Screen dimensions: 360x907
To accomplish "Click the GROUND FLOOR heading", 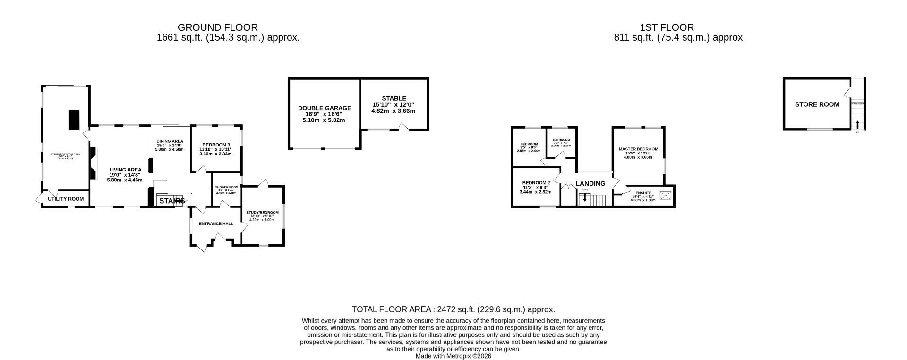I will [217, 27].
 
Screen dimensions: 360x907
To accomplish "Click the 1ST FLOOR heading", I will [667, 27].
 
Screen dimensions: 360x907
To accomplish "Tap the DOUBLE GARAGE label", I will [324, 108].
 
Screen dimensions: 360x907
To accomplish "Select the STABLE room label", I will [394, 98].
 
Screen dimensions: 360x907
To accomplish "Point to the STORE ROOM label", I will [817, 104].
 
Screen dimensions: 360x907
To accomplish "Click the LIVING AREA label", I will [125, 170].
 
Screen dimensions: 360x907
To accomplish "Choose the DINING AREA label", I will [170, 141].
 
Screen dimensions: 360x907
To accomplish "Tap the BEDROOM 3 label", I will [216, 145].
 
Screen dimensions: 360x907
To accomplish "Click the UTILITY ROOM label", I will [66, 199].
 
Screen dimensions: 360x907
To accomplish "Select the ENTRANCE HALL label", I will [216, 223].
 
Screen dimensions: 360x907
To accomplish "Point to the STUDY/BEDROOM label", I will [262, 213].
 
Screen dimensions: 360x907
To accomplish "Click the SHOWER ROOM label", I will [227, 187].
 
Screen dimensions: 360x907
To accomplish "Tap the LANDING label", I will [590, 183].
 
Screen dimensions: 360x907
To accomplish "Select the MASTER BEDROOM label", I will [638, 149].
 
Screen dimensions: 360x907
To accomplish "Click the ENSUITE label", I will [643, 193].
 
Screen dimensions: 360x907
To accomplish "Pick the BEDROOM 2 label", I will [536, 182].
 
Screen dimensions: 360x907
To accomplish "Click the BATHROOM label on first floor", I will [561, 140].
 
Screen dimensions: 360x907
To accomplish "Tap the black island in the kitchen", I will [74, 120].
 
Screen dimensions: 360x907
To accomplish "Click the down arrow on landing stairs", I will [585, 198].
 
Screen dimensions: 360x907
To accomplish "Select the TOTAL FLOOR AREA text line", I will [453, 309].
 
